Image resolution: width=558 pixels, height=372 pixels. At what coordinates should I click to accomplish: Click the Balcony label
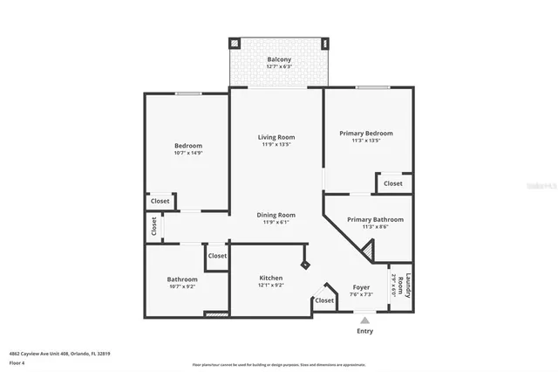point(278,59)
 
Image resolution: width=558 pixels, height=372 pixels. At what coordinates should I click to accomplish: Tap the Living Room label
point(276,137)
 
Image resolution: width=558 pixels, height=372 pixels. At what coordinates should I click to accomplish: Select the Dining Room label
point(276,215)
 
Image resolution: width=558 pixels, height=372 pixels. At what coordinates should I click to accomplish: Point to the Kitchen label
point(270,278)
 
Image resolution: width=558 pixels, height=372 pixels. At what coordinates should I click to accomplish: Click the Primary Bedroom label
point(365,133)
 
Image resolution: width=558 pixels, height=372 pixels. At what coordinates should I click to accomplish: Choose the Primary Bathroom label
point(375,220)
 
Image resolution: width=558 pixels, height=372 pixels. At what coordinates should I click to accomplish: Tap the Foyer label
point(362,287)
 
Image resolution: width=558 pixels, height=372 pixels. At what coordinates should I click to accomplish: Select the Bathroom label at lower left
point(182,279)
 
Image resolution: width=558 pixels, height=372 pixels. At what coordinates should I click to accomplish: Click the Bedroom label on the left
point(187,146)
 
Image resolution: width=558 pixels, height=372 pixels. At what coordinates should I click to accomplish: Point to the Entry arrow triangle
point(364,320)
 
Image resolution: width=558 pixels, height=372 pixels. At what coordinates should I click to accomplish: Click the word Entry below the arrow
point(364,331)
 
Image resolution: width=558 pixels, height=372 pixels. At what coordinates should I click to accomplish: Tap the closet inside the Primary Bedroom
point(393,183)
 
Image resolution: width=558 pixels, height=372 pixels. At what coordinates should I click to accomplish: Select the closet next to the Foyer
point(323,300)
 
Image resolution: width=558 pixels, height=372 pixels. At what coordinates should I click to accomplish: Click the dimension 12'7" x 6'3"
point(278,66)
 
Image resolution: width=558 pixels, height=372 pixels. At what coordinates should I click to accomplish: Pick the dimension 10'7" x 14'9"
point(187,154)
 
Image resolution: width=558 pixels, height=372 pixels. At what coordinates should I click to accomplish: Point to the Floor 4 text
point(17,362)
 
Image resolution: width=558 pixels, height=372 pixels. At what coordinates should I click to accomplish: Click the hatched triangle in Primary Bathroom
point(368,253)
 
